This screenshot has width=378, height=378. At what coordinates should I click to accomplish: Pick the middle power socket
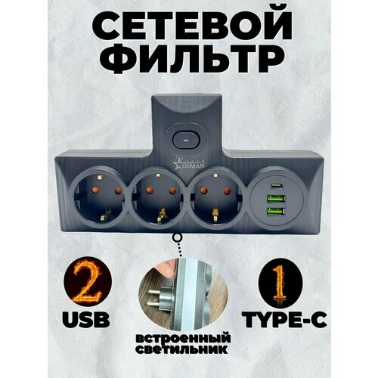pos(161,199)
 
